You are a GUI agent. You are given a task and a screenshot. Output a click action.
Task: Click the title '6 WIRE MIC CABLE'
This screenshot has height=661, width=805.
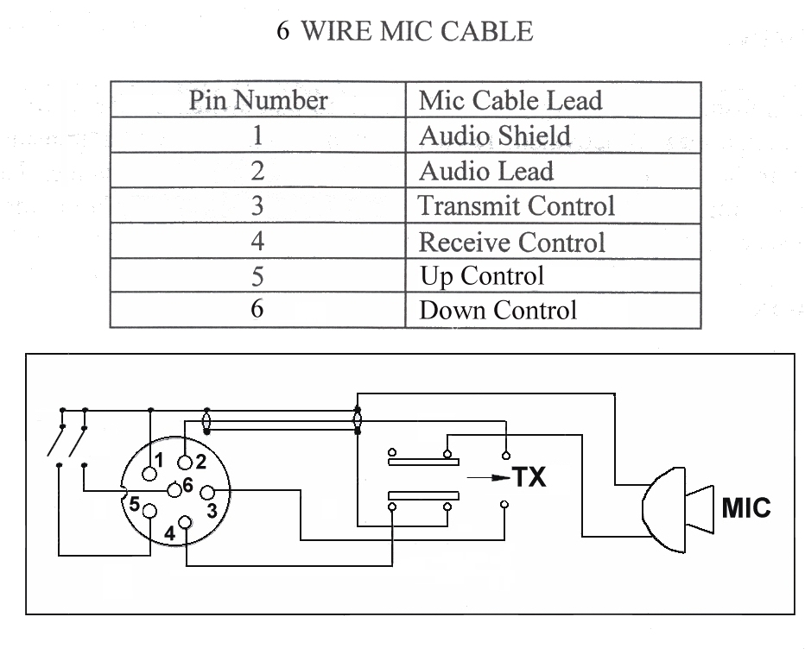tap(404, 32)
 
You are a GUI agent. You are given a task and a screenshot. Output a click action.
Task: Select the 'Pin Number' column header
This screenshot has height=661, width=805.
tap(257, 101)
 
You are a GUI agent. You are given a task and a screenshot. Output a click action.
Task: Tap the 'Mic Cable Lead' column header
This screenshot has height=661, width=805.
tap(510, 101)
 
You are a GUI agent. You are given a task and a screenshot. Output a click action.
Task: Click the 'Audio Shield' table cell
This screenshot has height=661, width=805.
tap(494, 135)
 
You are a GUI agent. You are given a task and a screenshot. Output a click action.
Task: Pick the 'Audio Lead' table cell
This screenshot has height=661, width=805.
tap(485, 171)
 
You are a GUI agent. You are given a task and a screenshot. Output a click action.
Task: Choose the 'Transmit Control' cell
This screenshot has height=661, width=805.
tap(516, 206)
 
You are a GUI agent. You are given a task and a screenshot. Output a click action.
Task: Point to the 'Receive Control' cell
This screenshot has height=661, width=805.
tap(511, 242)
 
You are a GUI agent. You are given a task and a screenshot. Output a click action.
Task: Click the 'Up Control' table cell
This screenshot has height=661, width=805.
tap(481, 276)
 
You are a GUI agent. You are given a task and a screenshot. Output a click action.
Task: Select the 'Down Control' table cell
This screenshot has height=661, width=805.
tap(497, 311)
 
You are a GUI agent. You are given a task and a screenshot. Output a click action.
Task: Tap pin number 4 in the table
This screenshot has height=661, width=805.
tap(257, 242)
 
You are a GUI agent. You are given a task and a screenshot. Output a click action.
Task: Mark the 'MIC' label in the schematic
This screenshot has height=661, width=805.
tap(745, 508)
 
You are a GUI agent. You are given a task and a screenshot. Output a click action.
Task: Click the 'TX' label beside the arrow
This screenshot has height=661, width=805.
tap(529, 476)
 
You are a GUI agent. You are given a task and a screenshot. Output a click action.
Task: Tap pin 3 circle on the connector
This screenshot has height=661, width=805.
tap(206, 493)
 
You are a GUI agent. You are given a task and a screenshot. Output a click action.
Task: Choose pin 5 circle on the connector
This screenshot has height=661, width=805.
tap(150, 513)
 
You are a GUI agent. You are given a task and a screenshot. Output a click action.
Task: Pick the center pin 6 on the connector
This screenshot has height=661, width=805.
tap(175, 489)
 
